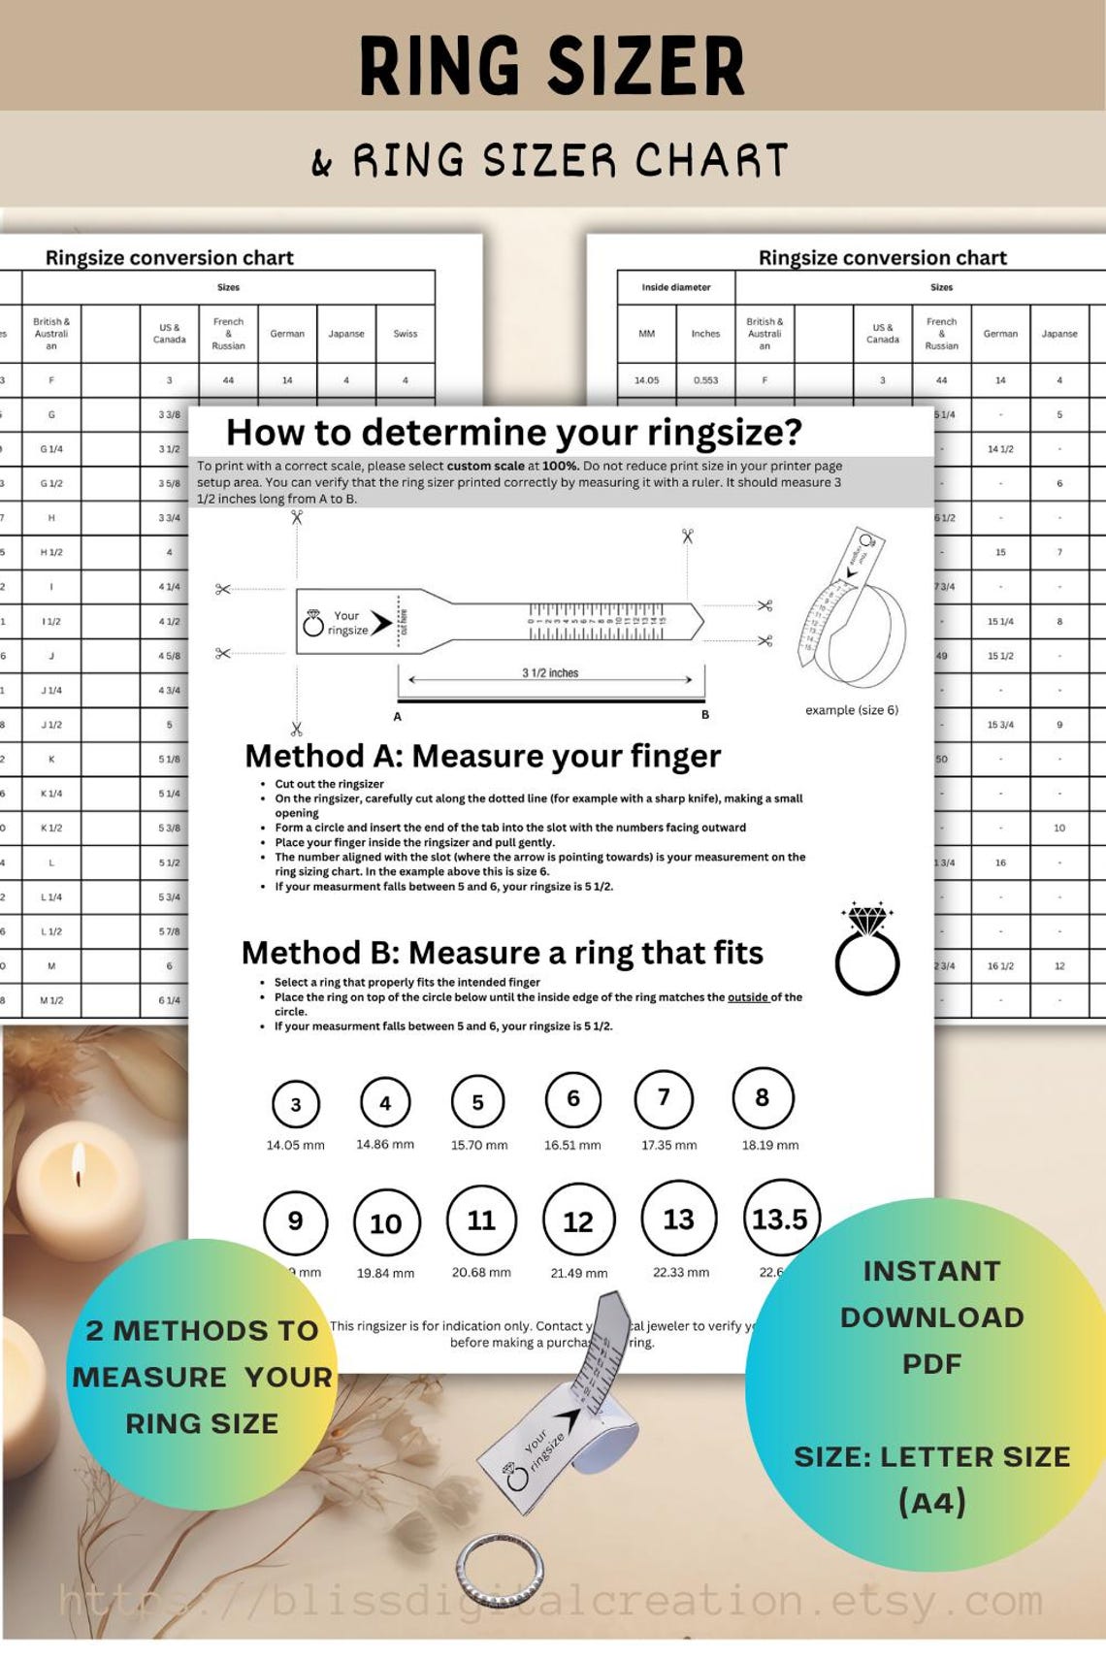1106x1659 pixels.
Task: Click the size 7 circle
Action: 664,1099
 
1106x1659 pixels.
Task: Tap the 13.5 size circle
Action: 780,1219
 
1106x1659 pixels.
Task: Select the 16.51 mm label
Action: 572,1145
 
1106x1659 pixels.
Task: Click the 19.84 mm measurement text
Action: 385,1273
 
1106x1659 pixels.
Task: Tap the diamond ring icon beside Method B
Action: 866,950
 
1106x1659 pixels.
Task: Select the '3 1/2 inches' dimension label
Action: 550,672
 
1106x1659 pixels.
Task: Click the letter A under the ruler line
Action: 398,717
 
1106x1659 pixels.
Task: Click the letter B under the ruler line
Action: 705,715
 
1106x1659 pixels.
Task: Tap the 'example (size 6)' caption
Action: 852,710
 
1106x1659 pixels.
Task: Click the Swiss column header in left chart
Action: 405,334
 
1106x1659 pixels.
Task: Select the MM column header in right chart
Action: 646,334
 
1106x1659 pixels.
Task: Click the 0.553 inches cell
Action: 705,380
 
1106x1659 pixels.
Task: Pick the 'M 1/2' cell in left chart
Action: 51,1000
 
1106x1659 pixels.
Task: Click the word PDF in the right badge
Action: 931,1364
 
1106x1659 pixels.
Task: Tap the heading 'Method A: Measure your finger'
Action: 482,756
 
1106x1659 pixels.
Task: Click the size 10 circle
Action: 385,1223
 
